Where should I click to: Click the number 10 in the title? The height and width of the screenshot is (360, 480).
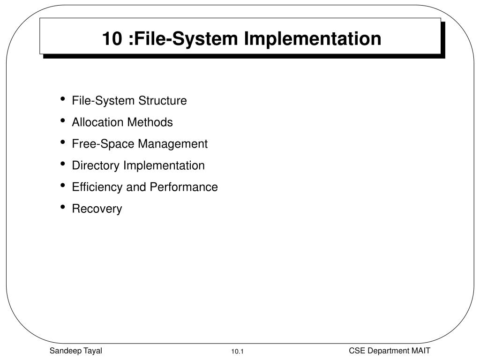click(111, 38)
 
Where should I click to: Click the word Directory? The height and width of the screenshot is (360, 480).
click(96, 165)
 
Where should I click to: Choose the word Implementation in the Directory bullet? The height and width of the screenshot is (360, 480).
click(164, 165)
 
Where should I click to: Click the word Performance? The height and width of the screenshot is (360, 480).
click(184, 187)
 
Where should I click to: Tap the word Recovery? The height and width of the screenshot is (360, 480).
click(97, 209)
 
